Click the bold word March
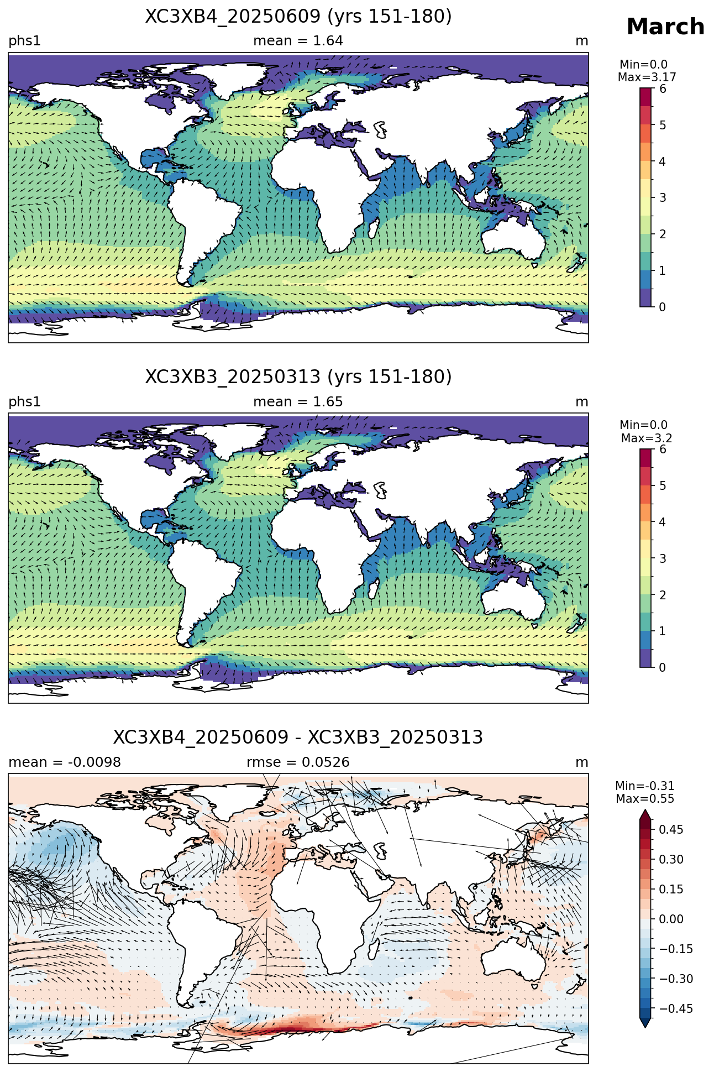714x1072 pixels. click(x=665, y=27)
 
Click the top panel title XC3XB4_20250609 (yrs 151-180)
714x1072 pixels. click(x=298, y=17)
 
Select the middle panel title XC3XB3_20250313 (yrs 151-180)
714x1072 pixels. click(x=298, y=377)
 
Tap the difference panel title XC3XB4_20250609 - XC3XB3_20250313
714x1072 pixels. click(x=298, y=738)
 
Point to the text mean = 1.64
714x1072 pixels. click(x=298, y=41)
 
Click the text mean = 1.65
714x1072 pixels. click(x=298, y=402)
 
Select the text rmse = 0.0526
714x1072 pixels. click(x=298, y=762)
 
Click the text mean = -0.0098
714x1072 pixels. click(x=65, y=762)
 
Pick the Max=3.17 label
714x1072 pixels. click(x=647, y=77)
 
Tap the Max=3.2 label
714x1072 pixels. click(x=647, y=438)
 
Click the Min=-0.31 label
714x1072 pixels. click(x=645, y=786)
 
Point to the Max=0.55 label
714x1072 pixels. click(x=645, y=799)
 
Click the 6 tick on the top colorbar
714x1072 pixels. click(x=663, y=89)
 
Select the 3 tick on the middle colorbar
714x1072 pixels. click(x=663, y=558)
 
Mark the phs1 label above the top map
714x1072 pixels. click(x=24, y=41)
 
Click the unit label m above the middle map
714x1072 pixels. click(x=582, y=402)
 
